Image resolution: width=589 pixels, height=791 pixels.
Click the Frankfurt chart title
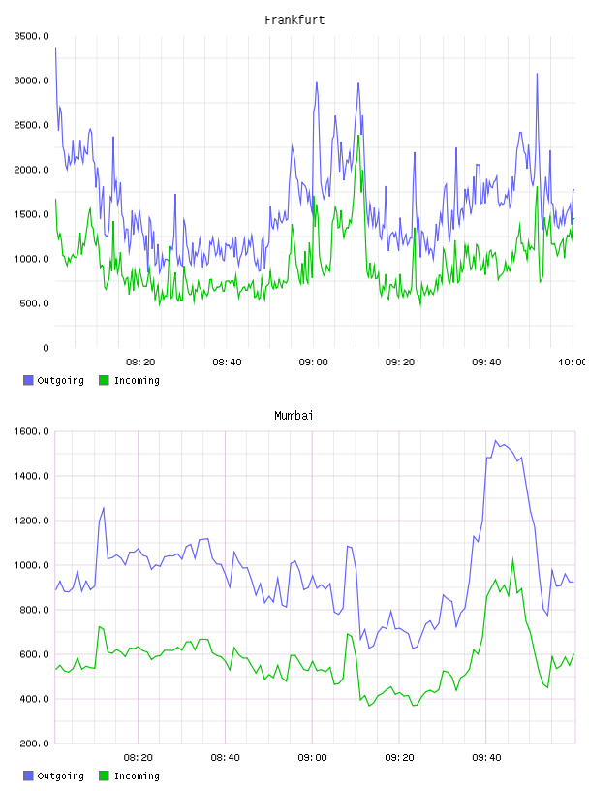(x=294, y=19)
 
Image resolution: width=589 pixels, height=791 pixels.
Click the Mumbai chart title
(x=294, y=415)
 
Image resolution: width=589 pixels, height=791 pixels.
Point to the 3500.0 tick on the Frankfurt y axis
(x=31, y=36)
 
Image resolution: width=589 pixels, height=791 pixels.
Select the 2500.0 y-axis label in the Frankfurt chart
(x=31, y=125)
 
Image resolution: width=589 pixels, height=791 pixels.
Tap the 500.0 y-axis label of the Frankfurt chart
(x=34, y=303)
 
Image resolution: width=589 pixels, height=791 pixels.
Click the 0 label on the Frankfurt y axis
(x=46, y=348)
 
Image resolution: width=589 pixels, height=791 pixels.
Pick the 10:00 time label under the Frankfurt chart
(x=572, y=362)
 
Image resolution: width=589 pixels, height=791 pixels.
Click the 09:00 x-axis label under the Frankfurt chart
(x=313, y=362)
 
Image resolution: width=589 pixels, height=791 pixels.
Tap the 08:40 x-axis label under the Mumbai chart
(x=225, y=757)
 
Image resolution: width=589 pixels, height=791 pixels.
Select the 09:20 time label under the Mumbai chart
(x=399, y=757)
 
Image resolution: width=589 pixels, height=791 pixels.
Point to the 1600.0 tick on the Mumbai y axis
(x=31, y=431)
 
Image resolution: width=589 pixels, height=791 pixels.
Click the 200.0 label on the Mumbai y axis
(x=34, y=744)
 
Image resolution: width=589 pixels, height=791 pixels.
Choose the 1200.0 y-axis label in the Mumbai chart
(x=31, y=521)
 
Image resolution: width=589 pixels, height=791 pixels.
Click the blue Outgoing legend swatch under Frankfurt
(x=28, y=380)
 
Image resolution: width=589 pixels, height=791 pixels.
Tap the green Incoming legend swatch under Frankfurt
(x=104, y=380)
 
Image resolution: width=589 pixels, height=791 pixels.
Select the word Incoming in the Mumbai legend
(x=137, y=775)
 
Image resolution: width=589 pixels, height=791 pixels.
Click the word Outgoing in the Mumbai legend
(x=60, y=775)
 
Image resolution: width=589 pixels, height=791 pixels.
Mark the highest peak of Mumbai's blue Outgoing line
(x=496, y=440)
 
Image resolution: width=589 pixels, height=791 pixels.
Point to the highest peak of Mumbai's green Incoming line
(x=512, y=558)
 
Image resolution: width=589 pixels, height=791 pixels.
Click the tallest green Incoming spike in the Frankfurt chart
(x=358, y=135)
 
